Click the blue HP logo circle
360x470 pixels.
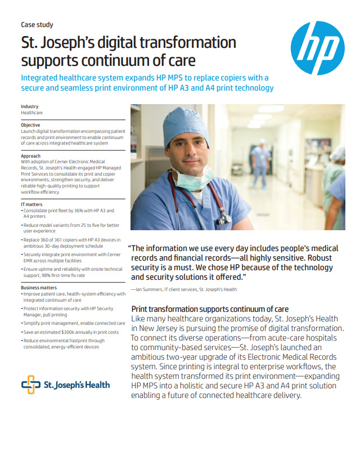[x=318, y=48]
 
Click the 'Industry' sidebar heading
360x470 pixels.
[x=30, y=106]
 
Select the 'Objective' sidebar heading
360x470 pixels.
[x=30, y=125]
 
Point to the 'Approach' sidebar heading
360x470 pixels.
[x=30, y=155]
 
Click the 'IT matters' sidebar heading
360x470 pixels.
[x=31, y=204]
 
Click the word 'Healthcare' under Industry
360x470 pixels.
[x=31, y=113]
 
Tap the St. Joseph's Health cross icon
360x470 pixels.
[x=30, y=385]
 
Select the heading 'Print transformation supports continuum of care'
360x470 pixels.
[x=210, y=310]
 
